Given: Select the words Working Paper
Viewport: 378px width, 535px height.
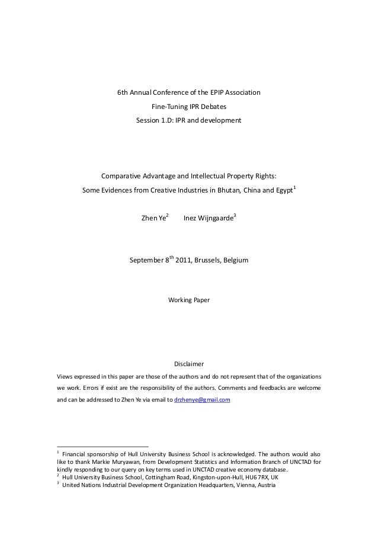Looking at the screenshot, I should pyautogui.click(x=188, y=300).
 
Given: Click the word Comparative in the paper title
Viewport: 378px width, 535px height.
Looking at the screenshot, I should pyautogui.click(x=121, y=177).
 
